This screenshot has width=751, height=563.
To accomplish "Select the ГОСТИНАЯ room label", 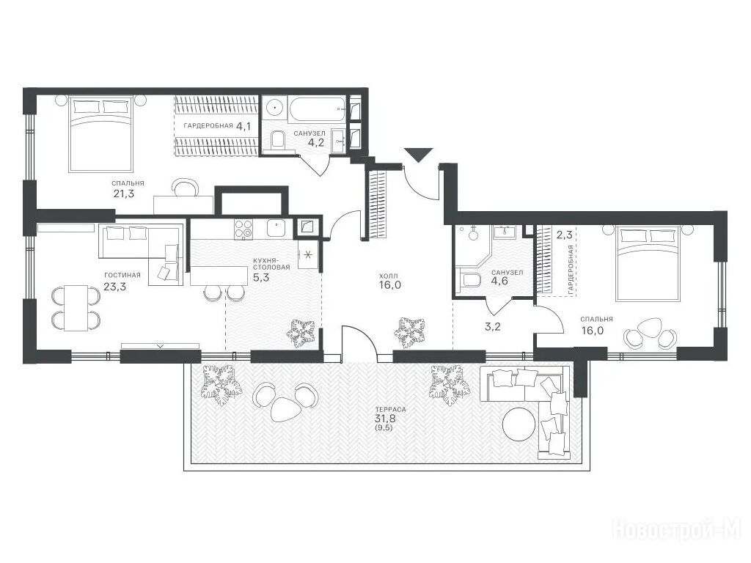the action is pyautogui.click(x=122, y=275).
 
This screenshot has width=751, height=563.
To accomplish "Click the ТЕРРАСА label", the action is pyautogui.click(x=391, y=409).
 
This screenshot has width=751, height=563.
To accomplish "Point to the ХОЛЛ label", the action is pyautogui.click(x=389, y=276).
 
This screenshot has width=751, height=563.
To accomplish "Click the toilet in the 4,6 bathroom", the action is pyautogui.click(x=469, y=279).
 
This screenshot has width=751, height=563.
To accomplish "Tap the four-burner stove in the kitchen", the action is pyautogui.click(x=243, y=229).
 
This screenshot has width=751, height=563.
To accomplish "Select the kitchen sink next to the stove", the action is pyautogui.click(x=276, y=229).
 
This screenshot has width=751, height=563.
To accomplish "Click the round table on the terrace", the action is pyautogui.click(x=519, y=423).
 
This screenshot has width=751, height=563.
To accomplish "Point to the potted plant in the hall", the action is pyautogui.click(x=409, y=332).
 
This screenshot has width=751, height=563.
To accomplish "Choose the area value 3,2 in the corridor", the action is pyautogui.click(x=493, y=327).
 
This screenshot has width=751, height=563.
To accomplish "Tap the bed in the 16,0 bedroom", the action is pyautogui.click(x=650, y=264).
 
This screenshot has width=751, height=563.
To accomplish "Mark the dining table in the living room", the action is pyautogui.click(x=76, y=308).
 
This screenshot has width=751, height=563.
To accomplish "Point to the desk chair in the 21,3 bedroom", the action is pyautogui.click(x=185, y=187).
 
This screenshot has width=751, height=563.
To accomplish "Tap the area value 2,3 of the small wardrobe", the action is pyautogui.click(x=564, y=235).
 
